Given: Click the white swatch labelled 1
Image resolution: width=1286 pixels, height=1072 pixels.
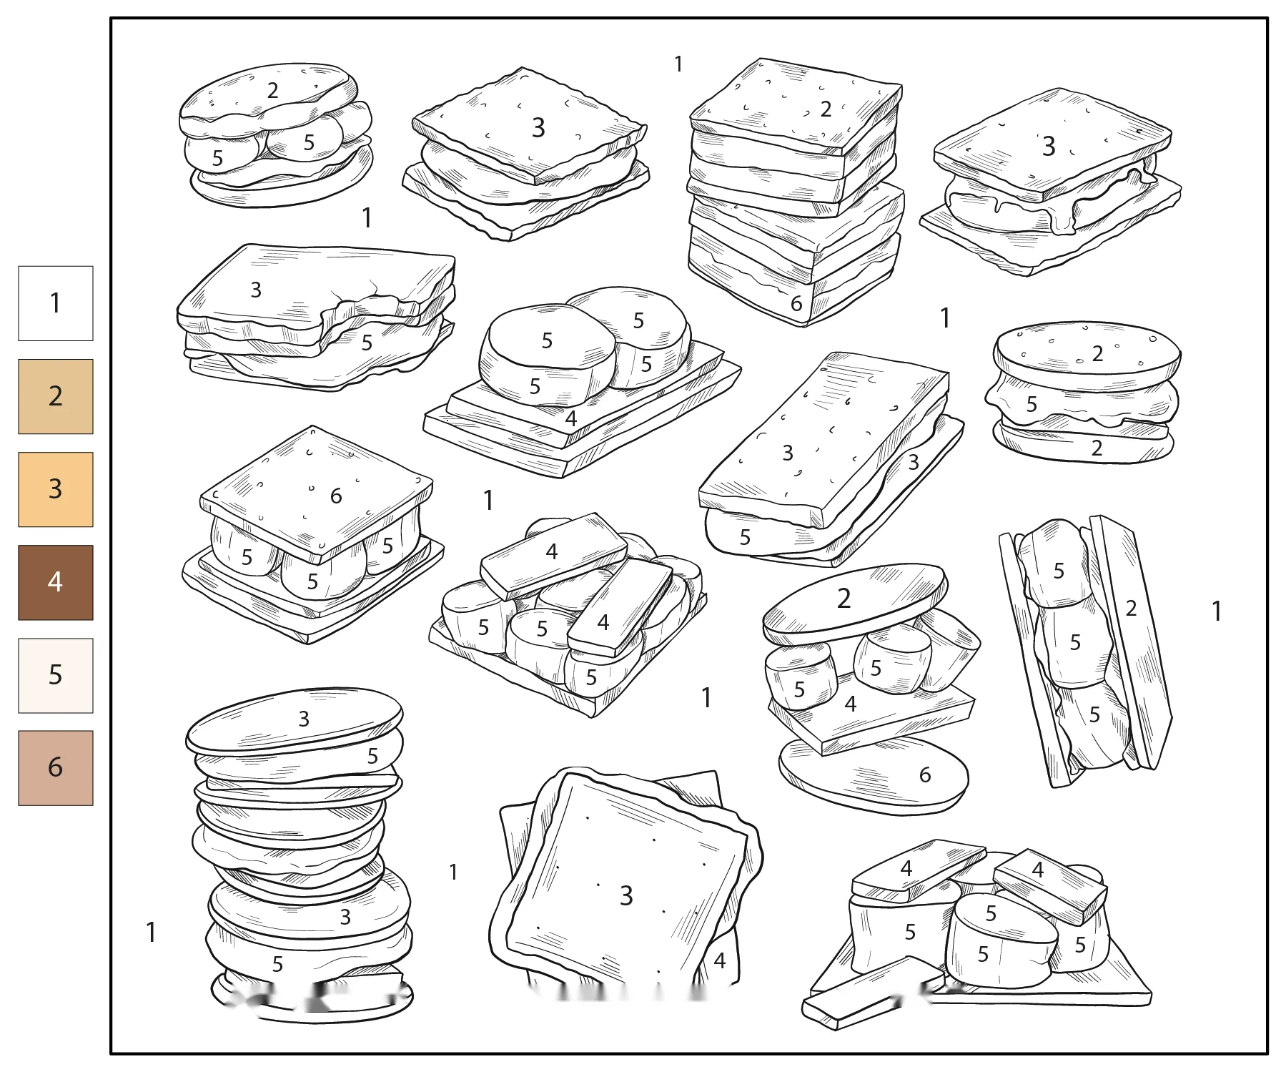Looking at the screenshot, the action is pyautogui.click(x=56, y=303).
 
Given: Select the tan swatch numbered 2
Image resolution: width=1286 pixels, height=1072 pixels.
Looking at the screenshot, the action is pyautogui.click(x=56, y=396).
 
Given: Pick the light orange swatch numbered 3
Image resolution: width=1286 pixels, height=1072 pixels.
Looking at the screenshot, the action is pyautogui.click(x=56, y=489).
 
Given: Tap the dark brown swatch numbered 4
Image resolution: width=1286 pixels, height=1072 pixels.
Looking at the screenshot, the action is pyautogui.click(x=56, y=582).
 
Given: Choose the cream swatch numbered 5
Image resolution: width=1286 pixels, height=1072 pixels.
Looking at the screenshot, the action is pyautogui.click(x=56, y=675).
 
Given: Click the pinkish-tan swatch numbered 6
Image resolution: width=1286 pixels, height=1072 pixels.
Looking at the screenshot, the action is pyautogui.click(x=56, y=768).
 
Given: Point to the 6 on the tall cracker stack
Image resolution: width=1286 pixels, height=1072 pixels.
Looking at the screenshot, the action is pyautogui.click(x=796, y=304).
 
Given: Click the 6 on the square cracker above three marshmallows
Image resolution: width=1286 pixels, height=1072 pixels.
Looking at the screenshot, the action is pyautogui.click(x=336, y=496).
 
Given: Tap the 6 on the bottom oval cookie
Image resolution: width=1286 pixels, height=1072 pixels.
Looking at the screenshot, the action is pyautogui.click(x=925, y=775).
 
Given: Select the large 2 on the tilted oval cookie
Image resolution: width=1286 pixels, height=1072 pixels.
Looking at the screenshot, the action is pyautogui.click(x=844, y=598).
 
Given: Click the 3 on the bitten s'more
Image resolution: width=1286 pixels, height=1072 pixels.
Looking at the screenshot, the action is pyautogui.click(x=256, y=290).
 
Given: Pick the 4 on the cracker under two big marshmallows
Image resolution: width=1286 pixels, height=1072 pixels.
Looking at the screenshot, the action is pyautogui.click(x=570, y=418).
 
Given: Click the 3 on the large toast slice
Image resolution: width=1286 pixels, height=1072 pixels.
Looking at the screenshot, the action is pyautogui.click(x=626, y=895).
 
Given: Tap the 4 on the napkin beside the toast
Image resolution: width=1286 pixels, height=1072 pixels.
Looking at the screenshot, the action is pyautogui.click(x=720, y=960).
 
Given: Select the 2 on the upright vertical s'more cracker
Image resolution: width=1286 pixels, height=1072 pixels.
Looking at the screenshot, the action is pyautogui.click(x=1131, y=608).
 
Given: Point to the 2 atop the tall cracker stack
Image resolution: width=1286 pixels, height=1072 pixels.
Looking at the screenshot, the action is pyautogui.click(x=826, y=109).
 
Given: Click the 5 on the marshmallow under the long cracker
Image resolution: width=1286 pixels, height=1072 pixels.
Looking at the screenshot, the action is pyautogui.click(x=745, y=537).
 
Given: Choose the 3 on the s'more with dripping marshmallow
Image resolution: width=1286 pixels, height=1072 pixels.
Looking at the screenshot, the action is pyautogui.click(x=1049, y=146).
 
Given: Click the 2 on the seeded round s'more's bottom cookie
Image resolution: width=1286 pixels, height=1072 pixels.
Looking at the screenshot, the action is pyautogui.click(x=1097, y=448).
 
